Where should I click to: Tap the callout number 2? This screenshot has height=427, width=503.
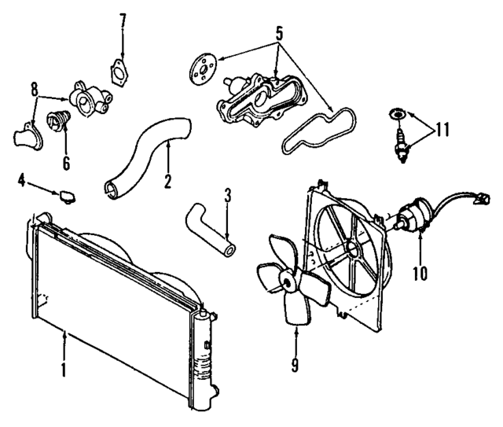click(167, 181)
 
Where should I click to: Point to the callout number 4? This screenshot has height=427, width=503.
click(22, 182)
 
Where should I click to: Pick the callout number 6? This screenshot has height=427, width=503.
click(66, 164)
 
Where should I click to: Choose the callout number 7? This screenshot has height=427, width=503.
click(123, 20)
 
